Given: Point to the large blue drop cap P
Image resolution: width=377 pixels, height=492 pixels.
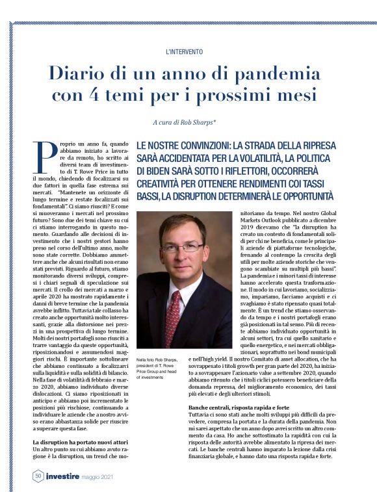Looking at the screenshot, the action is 45,156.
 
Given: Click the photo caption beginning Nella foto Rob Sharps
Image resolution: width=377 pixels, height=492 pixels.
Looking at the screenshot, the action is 158,368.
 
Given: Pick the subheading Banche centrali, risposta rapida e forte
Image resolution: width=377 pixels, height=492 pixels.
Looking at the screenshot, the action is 231,407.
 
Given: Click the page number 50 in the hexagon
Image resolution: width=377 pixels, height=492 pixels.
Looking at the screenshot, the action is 38,476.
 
